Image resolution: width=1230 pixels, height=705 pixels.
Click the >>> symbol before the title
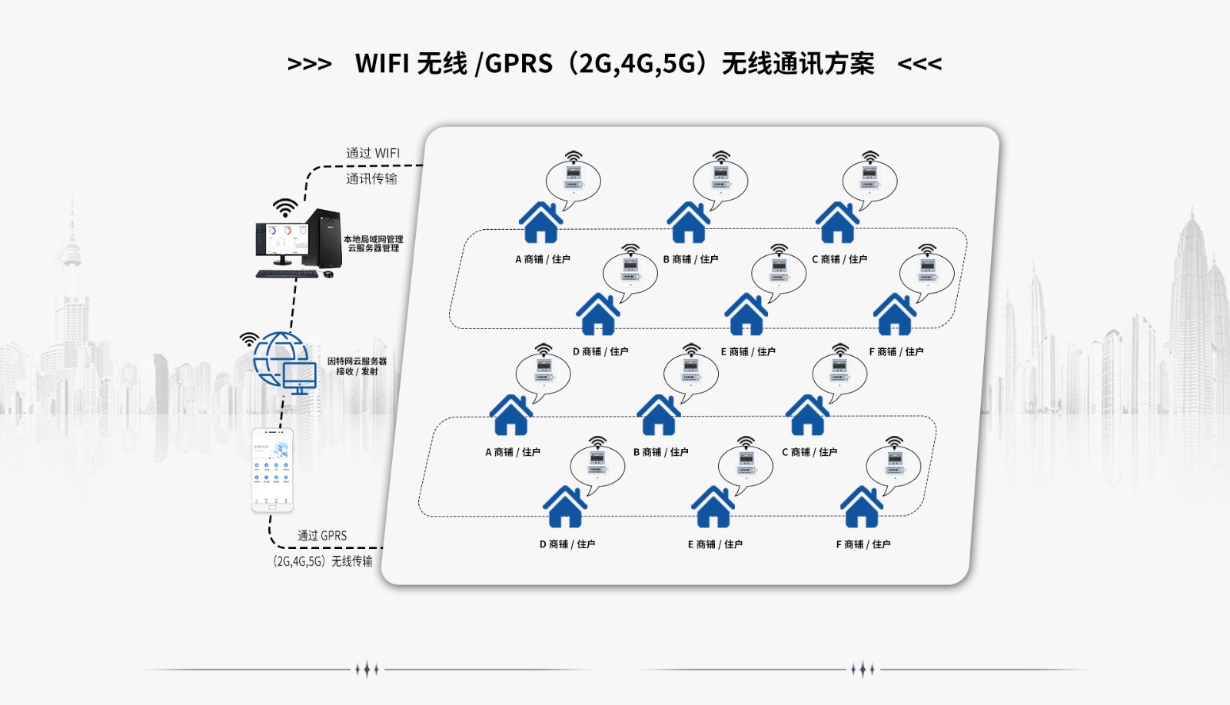[x=309, y=64]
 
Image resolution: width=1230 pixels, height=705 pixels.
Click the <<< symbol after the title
[x=919, y=64]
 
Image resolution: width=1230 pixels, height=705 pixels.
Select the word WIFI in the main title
[x=382, y=64]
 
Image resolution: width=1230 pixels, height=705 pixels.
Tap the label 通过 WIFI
[x=373, y=153]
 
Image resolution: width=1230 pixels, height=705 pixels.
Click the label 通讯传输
[x=371, y=178]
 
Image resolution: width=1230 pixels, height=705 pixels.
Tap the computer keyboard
[x=287, y=274]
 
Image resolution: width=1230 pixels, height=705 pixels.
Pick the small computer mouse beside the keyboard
[x=328, y=274]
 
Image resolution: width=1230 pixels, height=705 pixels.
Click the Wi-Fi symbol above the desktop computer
[x=285, y=207]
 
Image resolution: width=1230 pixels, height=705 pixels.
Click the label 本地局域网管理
[x=373, y=239]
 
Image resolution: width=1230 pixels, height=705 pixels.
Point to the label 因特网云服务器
[x=357, y=361]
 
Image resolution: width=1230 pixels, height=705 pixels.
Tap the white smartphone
[x=272, y=470]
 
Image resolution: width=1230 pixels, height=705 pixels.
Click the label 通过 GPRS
[x=322, y=535]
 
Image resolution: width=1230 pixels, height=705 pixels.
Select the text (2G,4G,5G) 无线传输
[x=323, y=561]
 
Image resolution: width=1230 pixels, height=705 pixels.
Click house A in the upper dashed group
[x=541, y=223]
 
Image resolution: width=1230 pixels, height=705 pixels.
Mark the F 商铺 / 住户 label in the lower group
[x=863, y=544]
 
